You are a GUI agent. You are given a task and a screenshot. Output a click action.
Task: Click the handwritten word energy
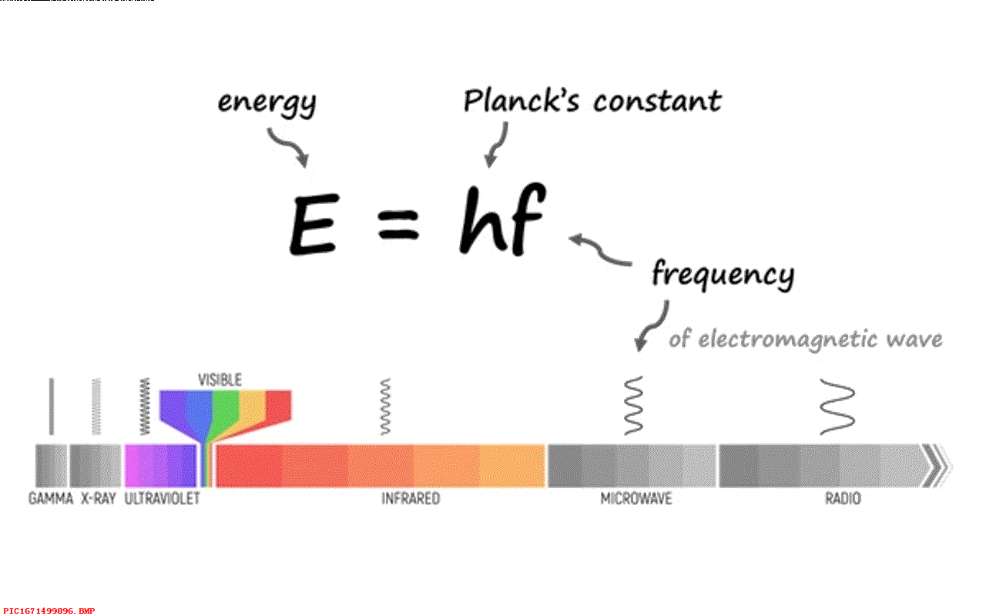pos(267,103)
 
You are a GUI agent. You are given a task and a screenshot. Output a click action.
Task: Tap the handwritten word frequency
pos(723,275)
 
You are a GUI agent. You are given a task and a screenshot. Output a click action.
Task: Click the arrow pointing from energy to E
pos(289,148)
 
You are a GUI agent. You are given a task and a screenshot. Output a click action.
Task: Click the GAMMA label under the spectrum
pos(51,499)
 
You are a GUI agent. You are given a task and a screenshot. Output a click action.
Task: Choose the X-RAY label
pos(98,499)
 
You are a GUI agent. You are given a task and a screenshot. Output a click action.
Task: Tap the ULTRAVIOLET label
pos(162,499)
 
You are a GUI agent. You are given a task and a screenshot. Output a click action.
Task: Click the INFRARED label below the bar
pos(411,499)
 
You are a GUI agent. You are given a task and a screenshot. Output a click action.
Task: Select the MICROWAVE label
pos(636,499)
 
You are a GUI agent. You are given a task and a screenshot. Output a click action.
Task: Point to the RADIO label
pos(843,499)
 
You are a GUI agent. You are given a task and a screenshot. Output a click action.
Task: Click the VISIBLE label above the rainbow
pos(220,380)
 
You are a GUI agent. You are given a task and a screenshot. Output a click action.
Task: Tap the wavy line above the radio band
pos(837,407)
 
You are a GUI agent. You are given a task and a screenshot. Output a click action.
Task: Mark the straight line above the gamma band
pos(52,406)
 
